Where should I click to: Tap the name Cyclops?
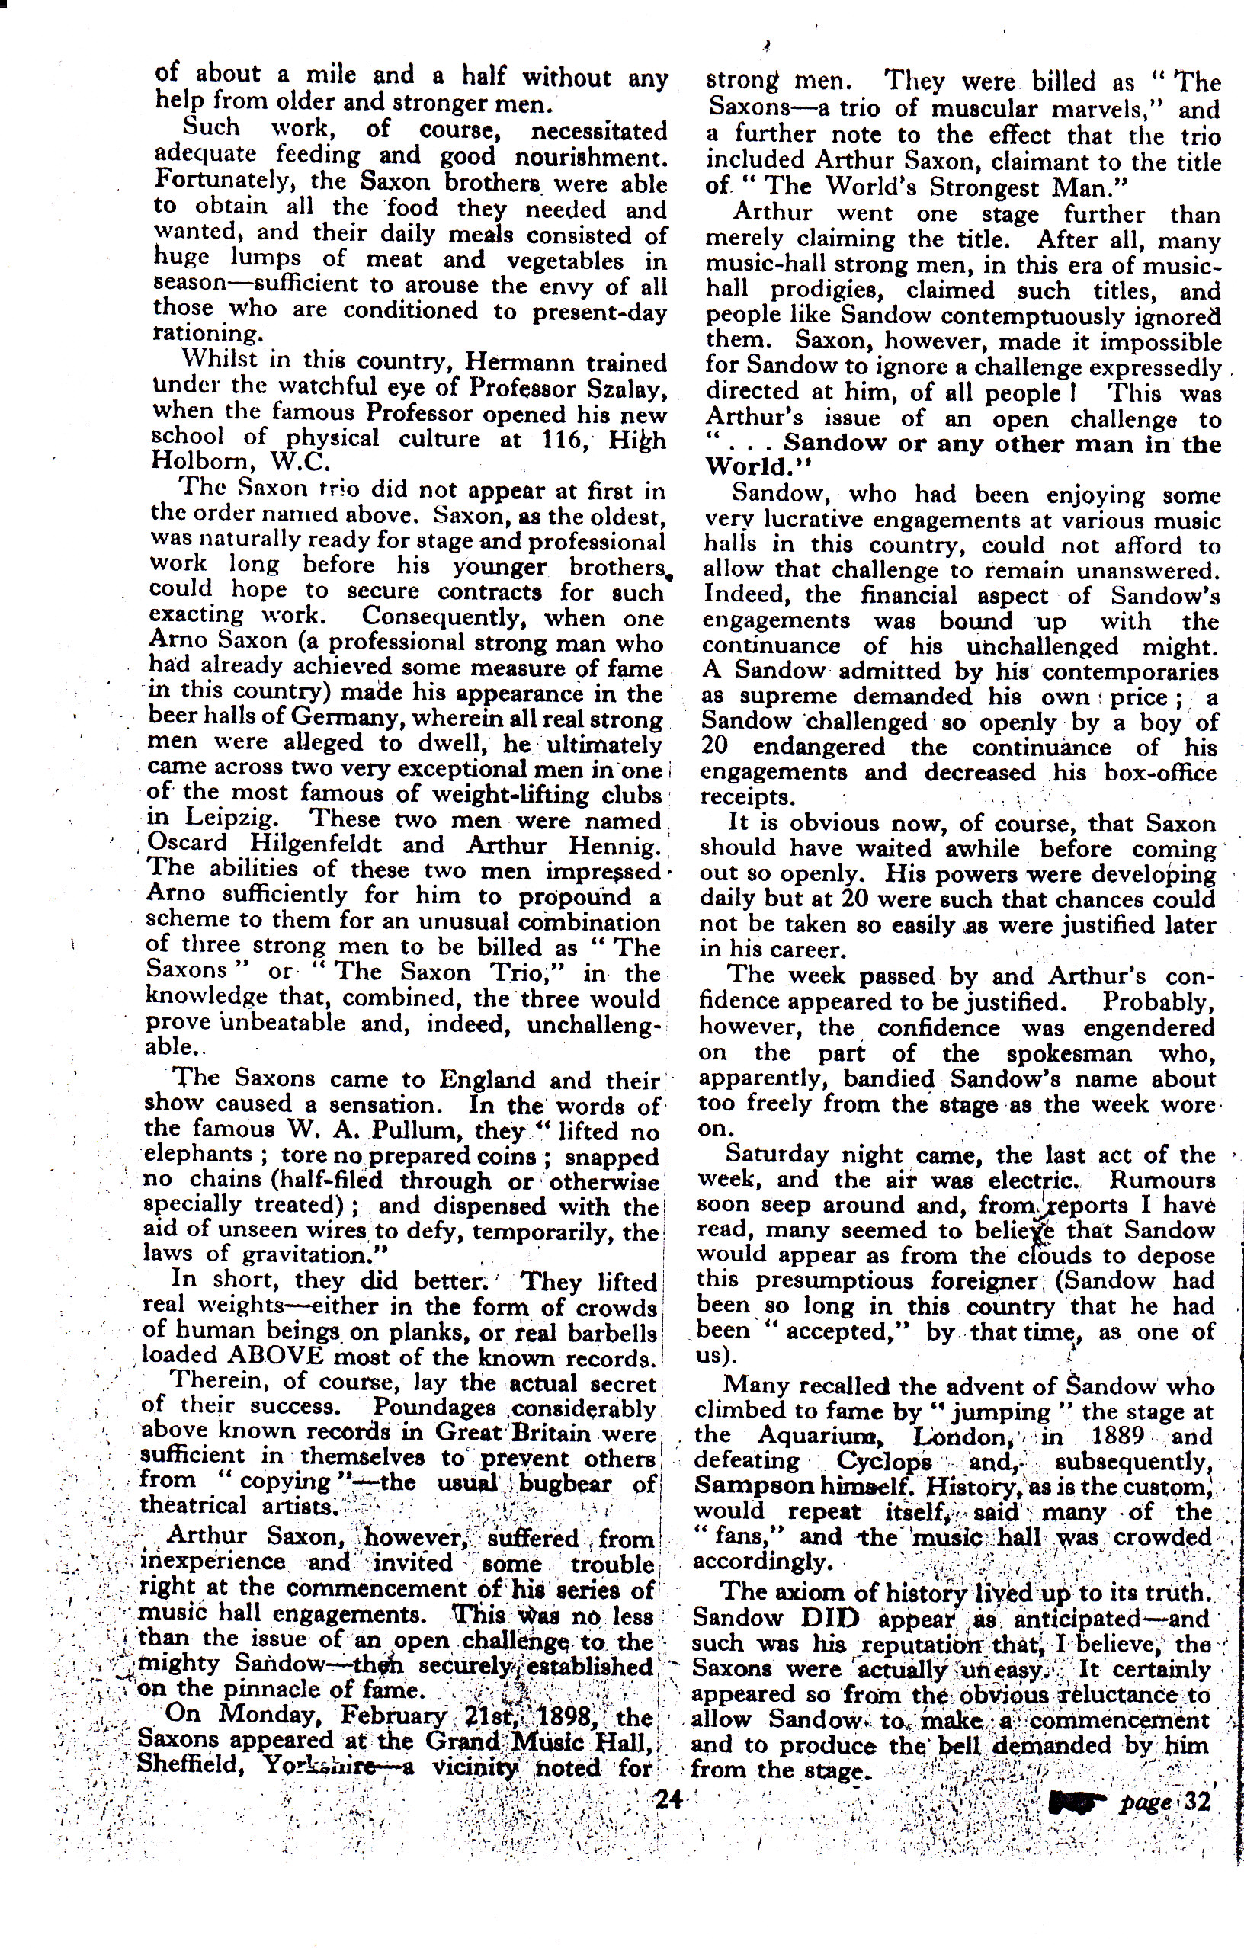(x=883, y=1462)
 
